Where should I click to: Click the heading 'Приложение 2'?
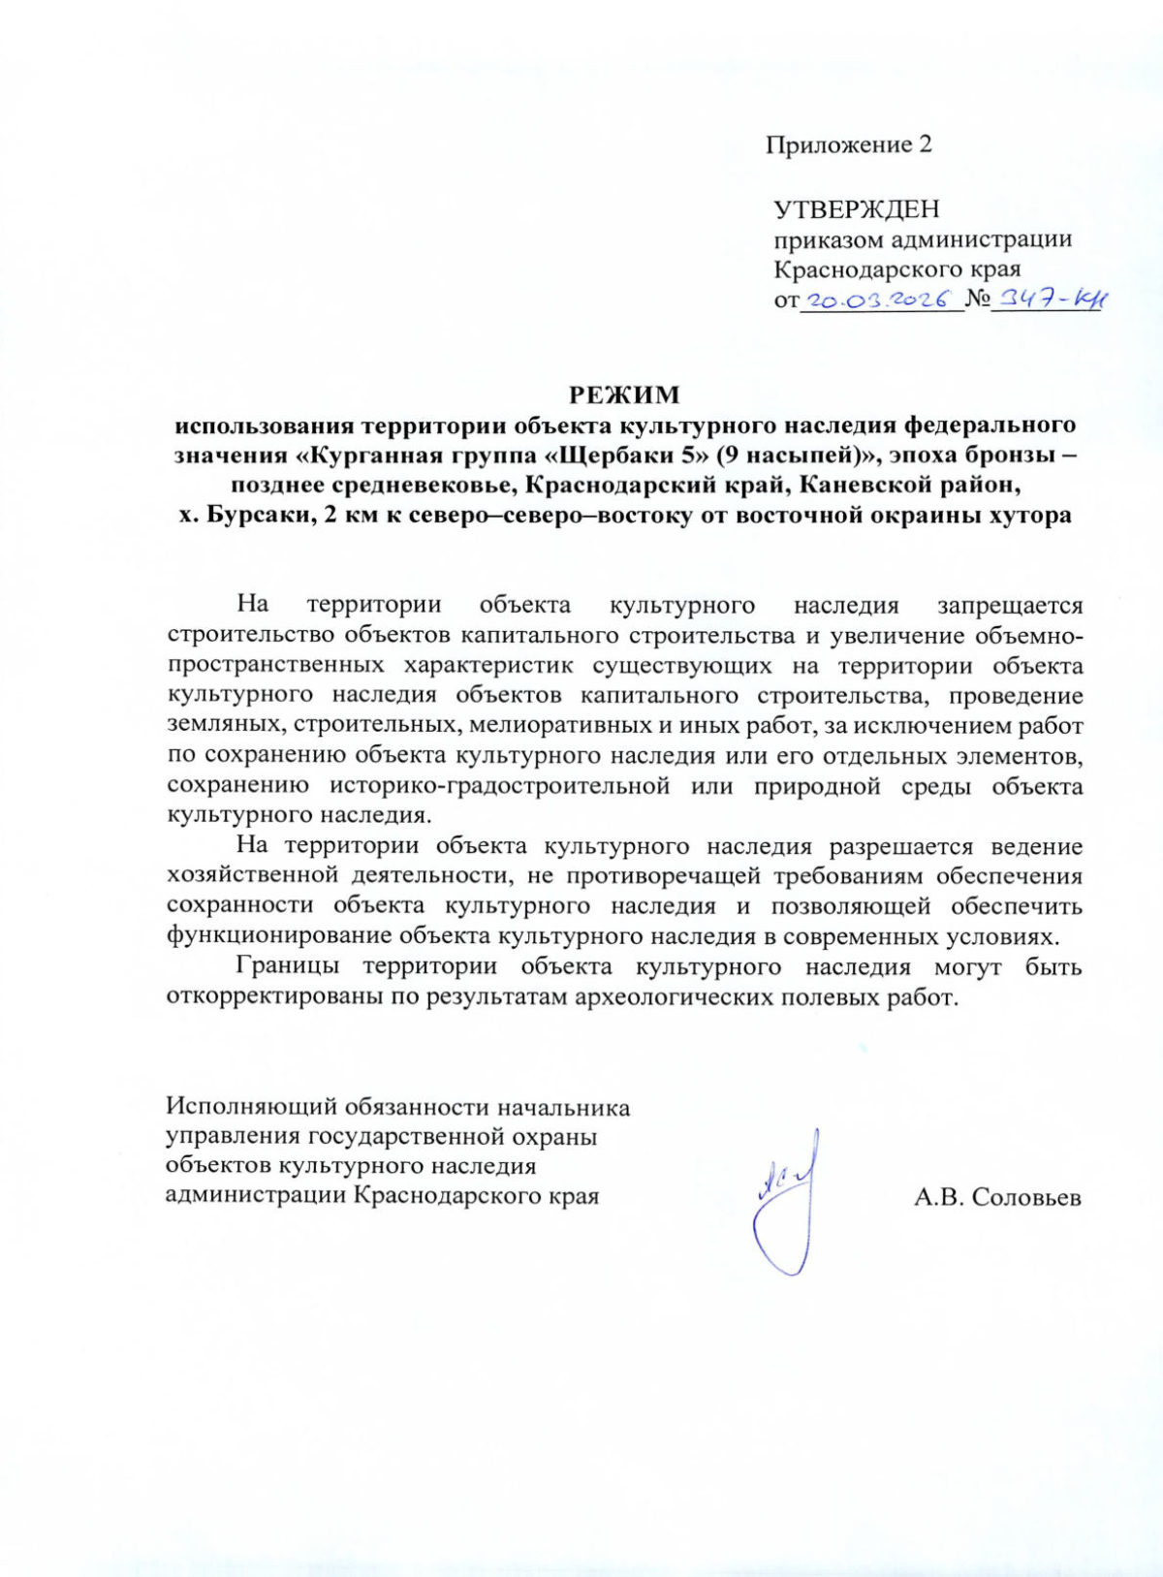click(848, 145)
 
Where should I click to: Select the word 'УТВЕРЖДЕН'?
click(856, 209)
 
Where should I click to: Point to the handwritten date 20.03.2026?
click(880, 300)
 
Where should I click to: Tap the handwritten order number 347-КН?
click(1052, 300)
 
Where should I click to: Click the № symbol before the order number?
click(977, 300)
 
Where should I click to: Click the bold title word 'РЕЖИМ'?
click(624, 395)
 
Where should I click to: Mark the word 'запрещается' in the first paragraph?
click(1009, 606)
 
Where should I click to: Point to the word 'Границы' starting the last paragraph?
click(287, 966)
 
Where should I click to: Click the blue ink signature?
click(785, 1202)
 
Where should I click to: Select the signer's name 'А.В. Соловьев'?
click(997, 1198)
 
